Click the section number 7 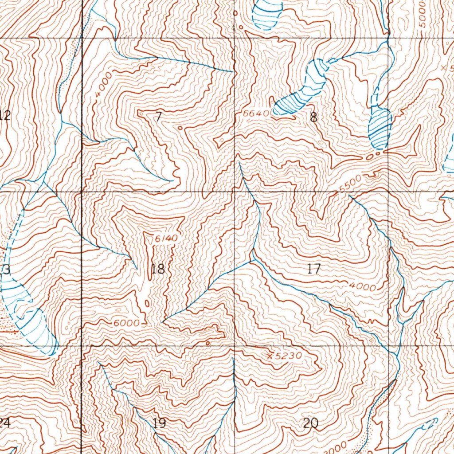(x=159, y=117)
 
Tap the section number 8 (x=314, y=117)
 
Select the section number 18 (x=157, y=269)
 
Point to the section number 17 (x=313, y=268)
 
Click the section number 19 (x=159, y=423)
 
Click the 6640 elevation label (x=256, y=113)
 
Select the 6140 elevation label (x=166, y=239)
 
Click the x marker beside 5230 (x=270, y=355)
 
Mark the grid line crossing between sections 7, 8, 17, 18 (x=234, y=192)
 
